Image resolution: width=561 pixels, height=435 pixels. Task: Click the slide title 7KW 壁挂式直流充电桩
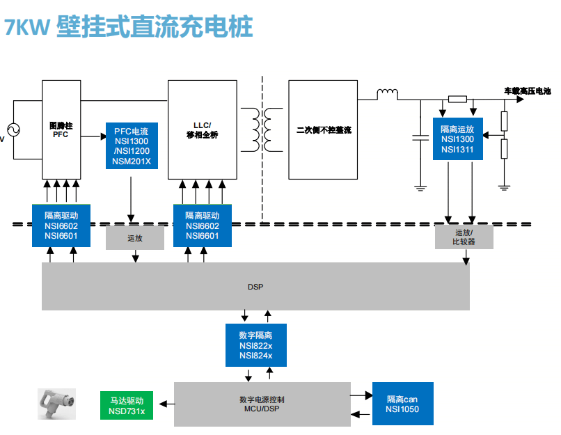(128, 27)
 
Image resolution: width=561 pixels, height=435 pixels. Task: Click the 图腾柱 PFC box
(61, 129)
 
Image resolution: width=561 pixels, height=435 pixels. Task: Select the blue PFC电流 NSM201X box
(131, 146)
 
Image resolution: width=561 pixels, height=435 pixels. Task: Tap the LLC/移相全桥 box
(203, 129)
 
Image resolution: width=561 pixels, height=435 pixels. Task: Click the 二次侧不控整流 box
(323, 129)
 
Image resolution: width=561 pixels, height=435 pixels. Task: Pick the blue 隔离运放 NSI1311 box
(457, 139)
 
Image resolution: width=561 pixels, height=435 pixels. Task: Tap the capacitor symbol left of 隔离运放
(420, 138)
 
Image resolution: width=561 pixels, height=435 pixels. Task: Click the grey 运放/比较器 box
(464, 237)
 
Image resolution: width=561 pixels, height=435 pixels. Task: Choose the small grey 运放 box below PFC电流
(135, 237)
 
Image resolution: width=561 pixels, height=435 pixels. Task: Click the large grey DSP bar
(255, 286)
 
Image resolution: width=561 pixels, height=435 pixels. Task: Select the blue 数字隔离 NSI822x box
(255, 345)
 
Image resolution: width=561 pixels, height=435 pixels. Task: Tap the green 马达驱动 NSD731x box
(126, 405)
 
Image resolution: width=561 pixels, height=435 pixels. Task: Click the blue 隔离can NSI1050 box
(402, 404)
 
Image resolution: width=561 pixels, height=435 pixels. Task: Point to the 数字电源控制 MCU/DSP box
(261, 404)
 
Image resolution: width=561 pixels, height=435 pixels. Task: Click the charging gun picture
(56, 404)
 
